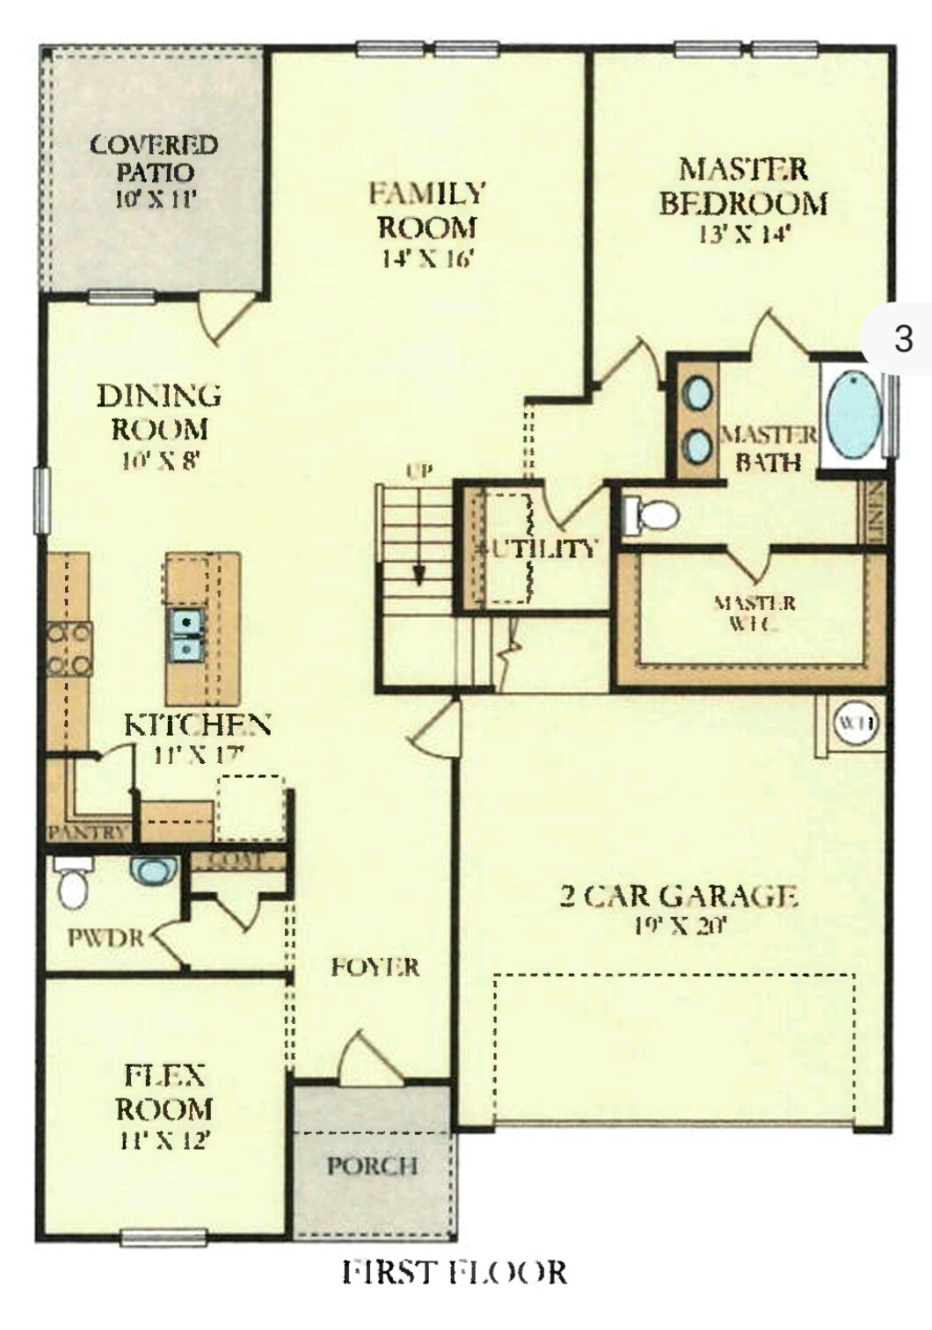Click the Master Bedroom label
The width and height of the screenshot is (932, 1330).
point(743,185)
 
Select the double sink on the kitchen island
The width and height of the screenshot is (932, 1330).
point(186,635)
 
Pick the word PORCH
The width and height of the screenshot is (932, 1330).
point(372,1166)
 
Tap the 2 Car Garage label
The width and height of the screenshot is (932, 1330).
point(679,896)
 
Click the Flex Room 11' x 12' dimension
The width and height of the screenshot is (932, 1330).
point(164,1140)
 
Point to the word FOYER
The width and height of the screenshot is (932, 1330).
point(375,967)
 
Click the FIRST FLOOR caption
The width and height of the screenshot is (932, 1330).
point(454,1272)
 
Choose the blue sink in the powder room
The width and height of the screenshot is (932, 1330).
point(153,871)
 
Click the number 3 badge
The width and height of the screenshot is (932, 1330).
point(903,338)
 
